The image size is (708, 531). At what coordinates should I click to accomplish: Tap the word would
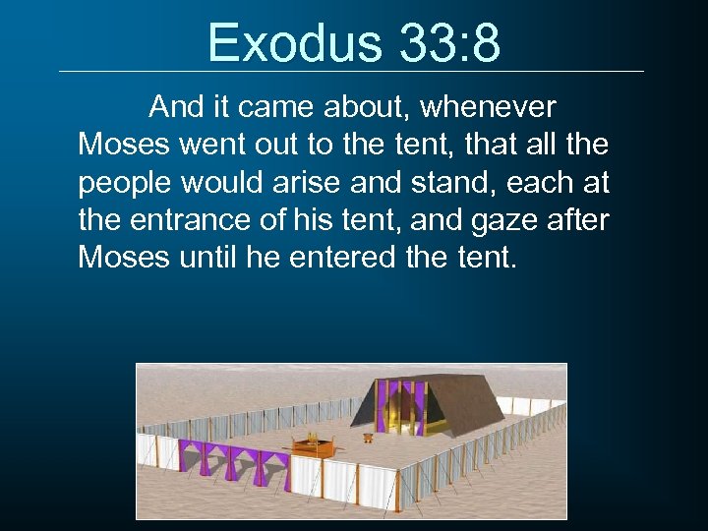[231, 184]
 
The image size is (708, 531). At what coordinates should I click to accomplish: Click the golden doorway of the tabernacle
[401, 407]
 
